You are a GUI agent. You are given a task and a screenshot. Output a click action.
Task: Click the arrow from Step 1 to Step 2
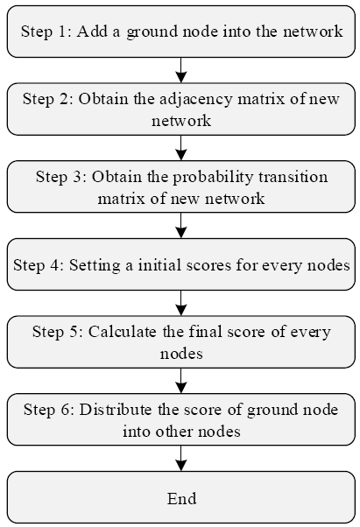181,70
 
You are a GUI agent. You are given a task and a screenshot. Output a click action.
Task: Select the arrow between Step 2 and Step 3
181,148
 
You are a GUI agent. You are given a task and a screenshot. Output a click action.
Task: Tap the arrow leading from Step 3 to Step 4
181,226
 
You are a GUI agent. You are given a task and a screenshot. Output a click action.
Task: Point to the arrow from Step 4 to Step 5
181,303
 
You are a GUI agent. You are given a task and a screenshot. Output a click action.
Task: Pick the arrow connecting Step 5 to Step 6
181,381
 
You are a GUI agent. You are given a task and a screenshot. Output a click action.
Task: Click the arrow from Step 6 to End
181,459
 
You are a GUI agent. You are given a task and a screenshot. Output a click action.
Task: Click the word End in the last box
182,498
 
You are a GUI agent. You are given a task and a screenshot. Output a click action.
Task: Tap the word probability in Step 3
213,178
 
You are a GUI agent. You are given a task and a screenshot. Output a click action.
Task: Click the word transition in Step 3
293,177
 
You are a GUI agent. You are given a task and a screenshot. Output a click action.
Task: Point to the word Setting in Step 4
95,266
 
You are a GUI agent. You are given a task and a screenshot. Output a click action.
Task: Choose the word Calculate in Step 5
123,332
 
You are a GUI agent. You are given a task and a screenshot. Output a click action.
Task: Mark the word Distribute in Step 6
116,410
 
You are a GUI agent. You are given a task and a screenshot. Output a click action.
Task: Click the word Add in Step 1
92,32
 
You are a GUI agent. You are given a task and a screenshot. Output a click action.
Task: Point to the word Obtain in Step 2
104,99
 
